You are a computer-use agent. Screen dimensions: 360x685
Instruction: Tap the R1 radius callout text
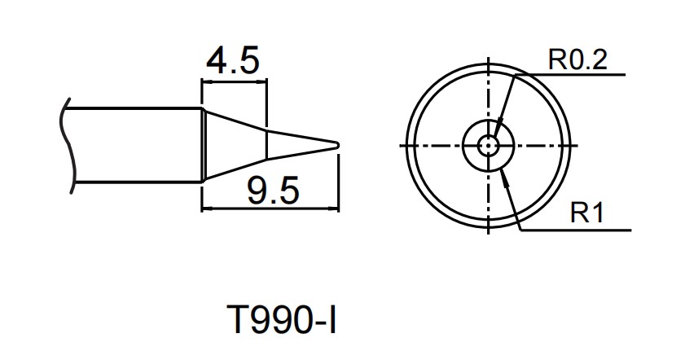[x=586, y=214]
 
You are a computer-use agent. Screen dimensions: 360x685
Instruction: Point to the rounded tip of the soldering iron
[x=336, y=145]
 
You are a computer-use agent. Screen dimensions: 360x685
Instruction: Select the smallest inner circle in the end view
[x=488, y=145]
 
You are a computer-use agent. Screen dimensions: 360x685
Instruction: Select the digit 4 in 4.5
[x=215, y=61]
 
